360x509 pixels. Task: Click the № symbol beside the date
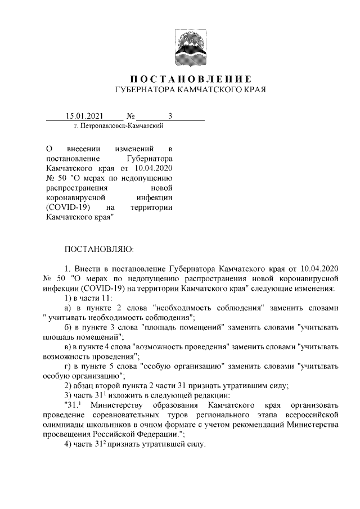coord(131,116)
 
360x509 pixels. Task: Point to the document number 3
coord(169,116)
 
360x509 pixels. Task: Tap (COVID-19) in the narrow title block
coord(68,208)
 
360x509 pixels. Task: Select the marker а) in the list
coord(67,308)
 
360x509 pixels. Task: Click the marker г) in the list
coord(67,366)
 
